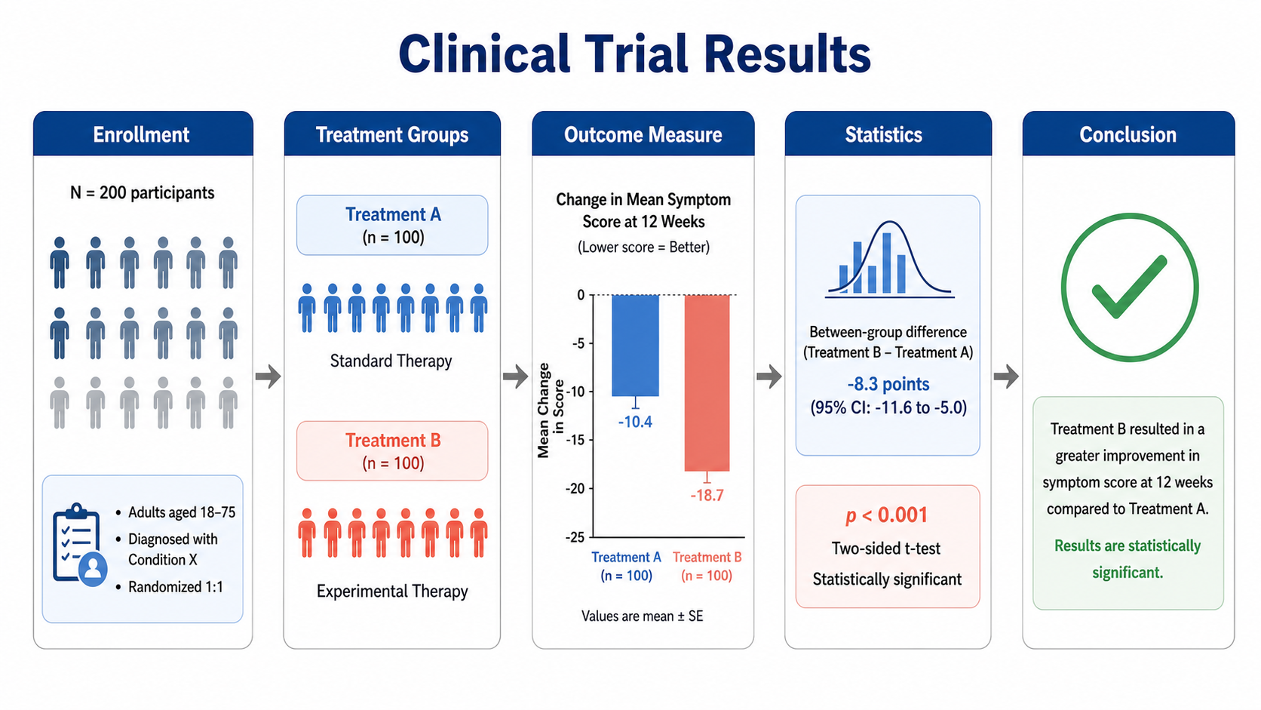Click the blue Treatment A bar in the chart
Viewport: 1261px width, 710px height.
(x=635, y=345)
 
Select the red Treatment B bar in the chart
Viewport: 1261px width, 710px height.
(x=707, y=383)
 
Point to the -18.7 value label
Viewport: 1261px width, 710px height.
(x=707, y=496)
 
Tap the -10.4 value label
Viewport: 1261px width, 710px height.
(x=635, y=422)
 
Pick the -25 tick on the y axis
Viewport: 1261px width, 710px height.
(x=575, y=537)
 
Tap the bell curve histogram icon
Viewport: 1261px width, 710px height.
(x=889, y=259)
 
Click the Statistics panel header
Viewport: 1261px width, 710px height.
(x=888, y=134)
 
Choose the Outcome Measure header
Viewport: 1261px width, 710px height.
(x=643, y=134)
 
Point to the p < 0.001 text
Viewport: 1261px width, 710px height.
(x=887, y=515)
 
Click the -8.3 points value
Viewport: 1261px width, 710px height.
(x=888, y=384)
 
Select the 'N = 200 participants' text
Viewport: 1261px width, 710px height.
(x=143, y=193)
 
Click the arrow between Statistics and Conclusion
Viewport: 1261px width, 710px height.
(x=1006, y=376)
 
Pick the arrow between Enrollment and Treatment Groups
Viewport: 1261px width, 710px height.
(x=268, y=376)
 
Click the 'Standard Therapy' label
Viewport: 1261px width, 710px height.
(x=391, y=361)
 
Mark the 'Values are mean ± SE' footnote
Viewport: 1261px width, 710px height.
(x=643, y=616)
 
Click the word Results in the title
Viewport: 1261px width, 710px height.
(x=787, y=54)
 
